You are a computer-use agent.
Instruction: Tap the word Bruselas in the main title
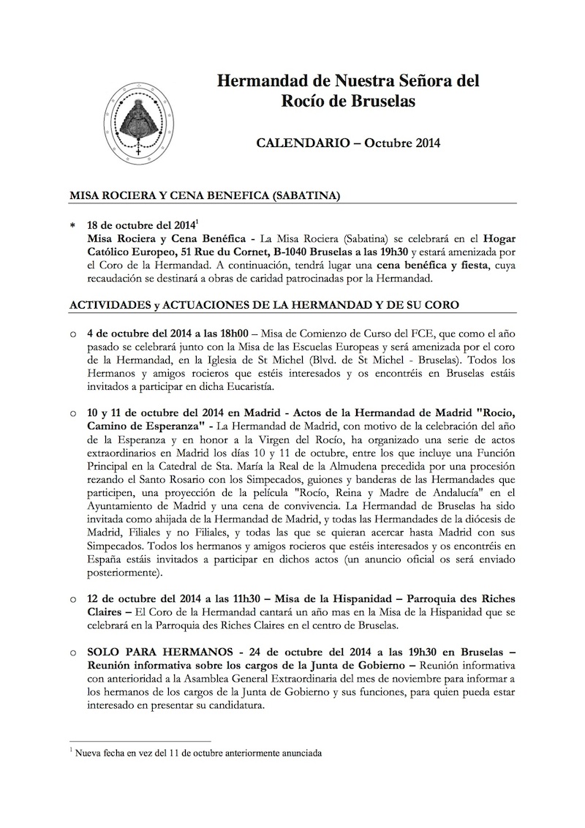[382, 102]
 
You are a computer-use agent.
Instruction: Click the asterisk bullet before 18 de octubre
[73, 225]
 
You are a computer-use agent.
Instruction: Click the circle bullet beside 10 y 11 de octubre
[73, 413]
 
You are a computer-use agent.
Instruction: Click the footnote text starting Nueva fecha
[197, 753]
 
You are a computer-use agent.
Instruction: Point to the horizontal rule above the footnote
[140, 741]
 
